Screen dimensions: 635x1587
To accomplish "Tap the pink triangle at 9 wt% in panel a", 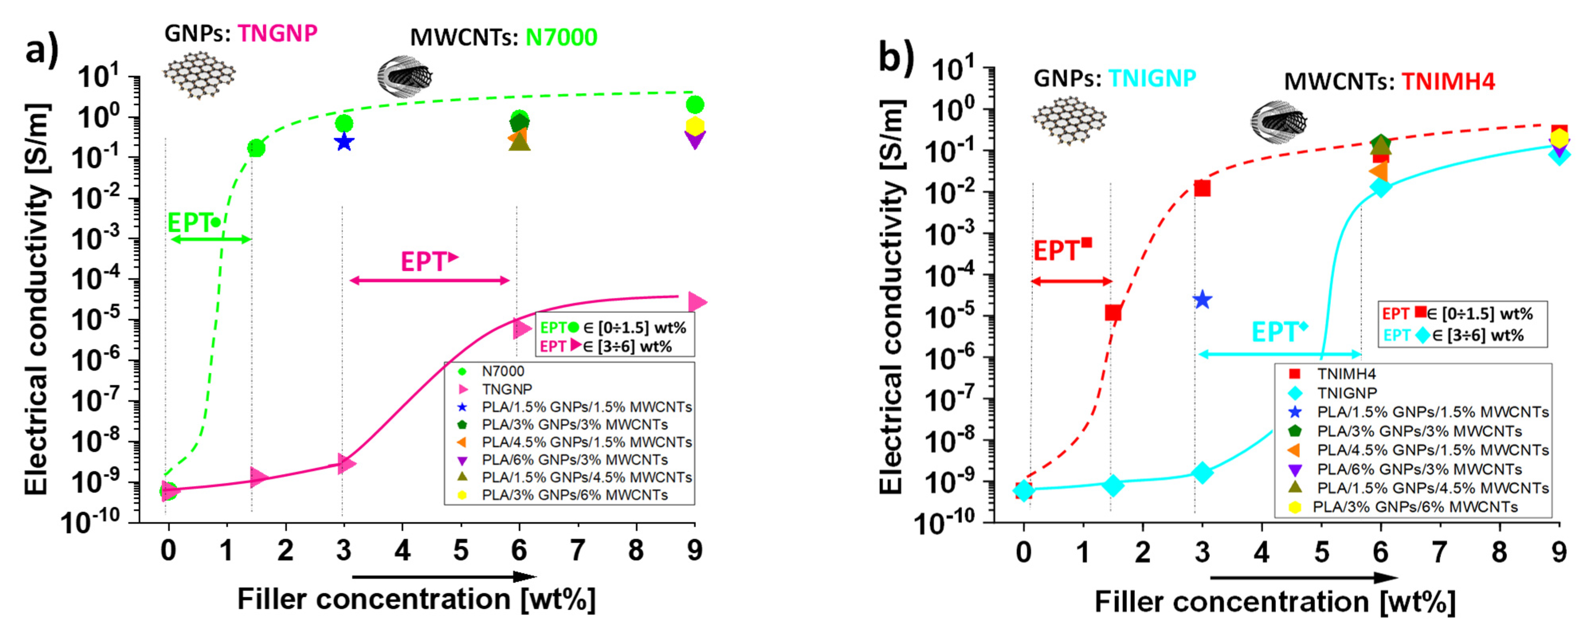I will [697, 302].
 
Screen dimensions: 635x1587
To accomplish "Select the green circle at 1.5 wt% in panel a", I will [256, 148].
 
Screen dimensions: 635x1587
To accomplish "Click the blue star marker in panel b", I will [1202, 300].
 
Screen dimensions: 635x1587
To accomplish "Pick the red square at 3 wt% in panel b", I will [1202, 188].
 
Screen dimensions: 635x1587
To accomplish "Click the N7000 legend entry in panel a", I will [502, 371].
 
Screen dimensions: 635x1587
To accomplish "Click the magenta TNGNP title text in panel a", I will [278, 33].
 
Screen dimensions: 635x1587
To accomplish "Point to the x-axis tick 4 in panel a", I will [402, 550].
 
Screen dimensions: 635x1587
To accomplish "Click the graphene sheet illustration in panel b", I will [1069, 121].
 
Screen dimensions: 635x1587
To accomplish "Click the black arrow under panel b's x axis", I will [1303, 578].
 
